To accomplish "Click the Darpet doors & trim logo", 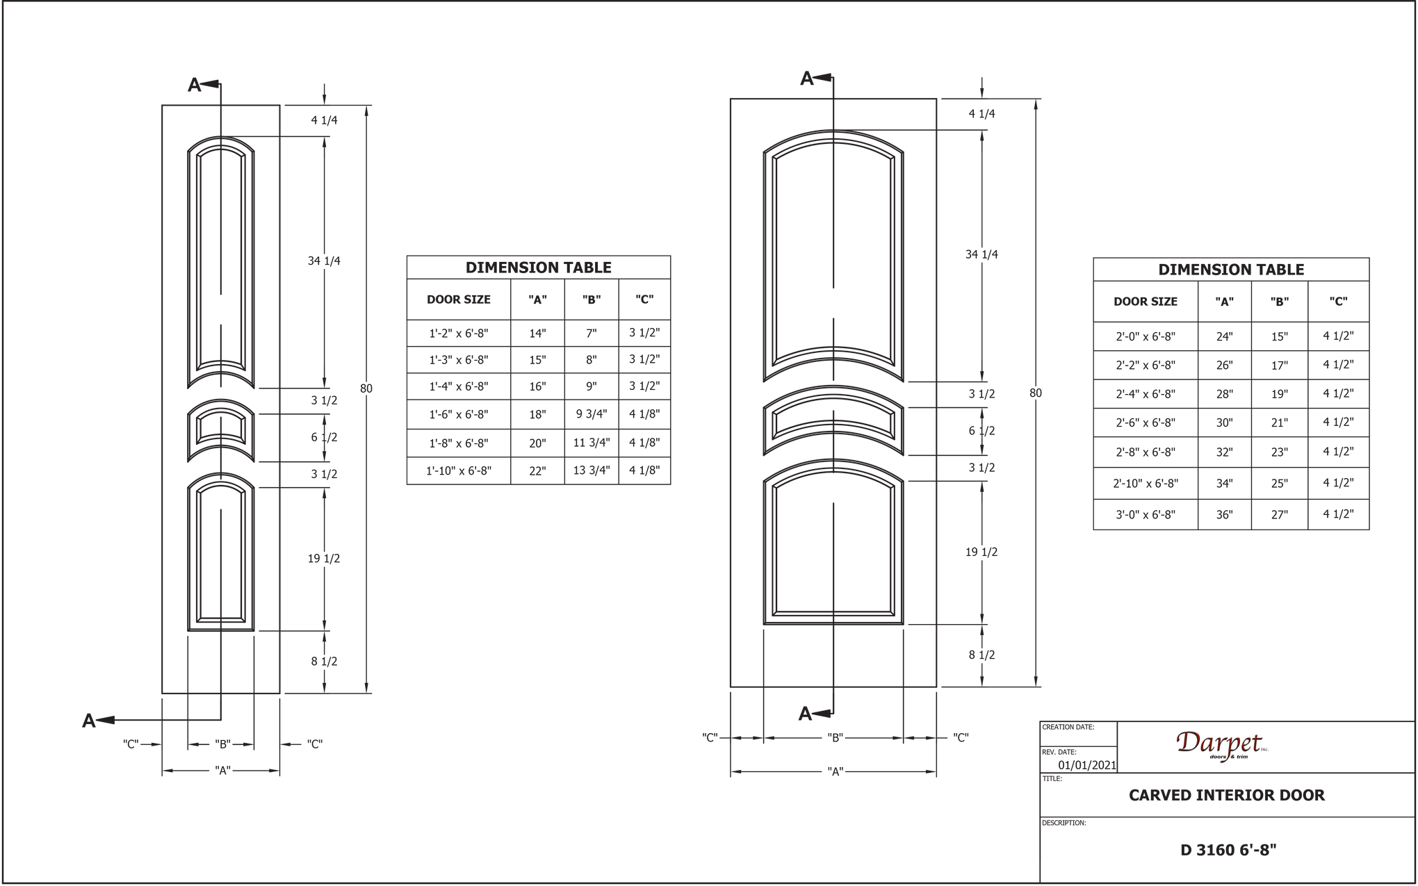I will click(1222, 746).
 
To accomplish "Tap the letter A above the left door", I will click(195, 85).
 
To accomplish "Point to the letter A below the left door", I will click(88, 721).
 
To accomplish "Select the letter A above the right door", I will click(806, 79).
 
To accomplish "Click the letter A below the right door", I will click(805, 714).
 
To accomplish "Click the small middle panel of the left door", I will click(221, 431).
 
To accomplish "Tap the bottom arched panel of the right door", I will click(834, 549).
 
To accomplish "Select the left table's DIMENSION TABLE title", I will click(538, 268).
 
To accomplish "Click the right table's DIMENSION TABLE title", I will click(1230, 270).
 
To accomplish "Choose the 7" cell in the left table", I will click(591, 333).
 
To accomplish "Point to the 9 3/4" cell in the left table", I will click(591, 415).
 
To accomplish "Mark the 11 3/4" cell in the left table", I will click(591, 443).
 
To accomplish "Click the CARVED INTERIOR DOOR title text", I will click(1226, 795).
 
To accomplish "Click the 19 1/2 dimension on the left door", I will click(324, 558).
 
